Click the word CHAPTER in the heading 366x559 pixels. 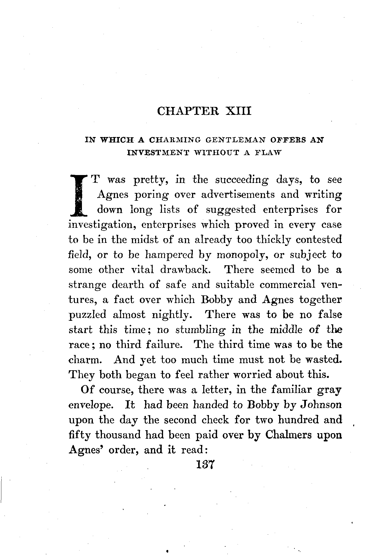tap(188, 111)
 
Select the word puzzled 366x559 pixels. tap(87, 315)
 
